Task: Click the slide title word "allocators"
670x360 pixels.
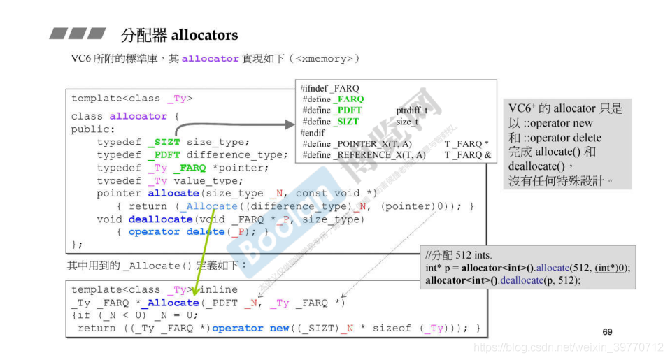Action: click(204, 35)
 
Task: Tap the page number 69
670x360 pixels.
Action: click(607, 331)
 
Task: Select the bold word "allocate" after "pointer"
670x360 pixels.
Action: click(173, 194)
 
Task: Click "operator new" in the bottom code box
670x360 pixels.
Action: click(248, 329)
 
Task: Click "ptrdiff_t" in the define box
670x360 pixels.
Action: click(412, 110)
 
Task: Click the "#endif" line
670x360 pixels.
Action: click(313, 133)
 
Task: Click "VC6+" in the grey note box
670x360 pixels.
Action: click(523, 109)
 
